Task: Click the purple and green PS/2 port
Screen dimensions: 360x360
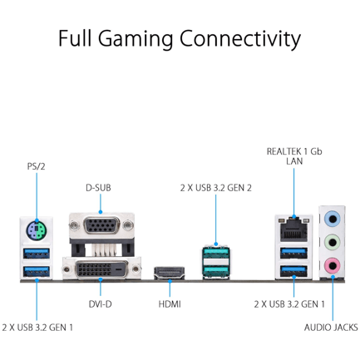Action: click(37, 229)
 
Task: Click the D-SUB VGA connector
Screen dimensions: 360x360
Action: click(101, 225)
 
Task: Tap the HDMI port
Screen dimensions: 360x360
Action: click(170, 273)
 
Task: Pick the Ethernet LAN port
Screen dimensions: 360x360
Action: click(293, 229)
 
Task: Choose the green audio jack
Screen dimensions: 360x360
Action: click(333, 243)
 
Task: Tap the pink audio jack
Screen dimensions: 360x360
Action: click(333, 266)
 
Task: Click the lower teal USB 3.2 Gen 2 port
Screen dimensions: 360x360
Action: click(215, 271)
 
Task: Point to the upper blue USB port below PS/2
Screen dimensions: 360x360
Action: click(37, 253)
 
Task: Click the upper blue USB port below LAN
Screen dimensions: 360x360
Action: click(293, 253)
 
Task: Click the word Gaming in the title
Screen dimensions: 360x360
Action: click(136, 39)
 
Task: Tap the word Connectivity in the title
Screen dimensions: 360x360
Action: click(240, 39)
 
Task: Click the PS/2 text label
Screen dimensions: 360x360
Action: click(36, 166)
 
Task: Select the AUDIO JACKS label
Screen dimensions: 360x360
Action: click(331, 328)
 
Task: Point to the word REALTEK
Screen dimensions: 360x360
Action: click(284, 151)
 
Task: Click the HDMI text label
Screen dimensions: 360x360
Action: click(170, 304)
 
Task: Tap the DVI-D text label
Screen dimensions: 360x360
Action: click(100, 304)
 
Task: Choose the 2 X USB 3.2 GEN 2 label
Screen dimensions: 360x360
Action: click(216, 188)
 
